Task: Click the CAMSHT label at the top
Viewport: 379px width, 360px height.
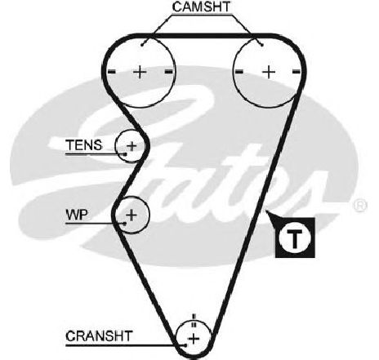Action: pyautogui.click(x=202, y=7)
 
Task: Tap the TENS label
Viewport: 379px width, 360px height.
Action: pyautogui.click(x=84, y=145)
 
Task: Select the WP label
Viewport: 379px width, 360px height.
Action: pyautogui.click(x=77, y=215)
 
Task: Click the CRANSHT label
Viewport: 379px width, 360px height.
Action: pyautogui.click(x=99, y=336)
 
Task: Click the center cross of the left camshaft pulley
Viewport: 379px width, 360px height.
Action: pyautogui.click(x=140, y=72)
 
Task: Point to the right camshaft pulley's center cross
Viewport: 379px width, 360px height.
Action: pyautogui.click(x=269, y=72)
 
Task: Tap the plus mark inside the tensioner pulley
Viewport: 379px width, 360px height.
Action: pyautogui.click(x=132, y=146)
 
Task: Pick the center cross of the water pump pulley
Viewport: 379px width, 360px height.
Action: pyautogui.click(x=132, y=215)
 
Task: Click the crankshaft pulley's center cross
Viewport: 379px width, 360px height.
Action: pyautogui.click(x=194, y=339)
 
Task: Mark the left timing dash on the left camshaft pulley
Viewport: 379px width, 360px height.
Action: pyautogui.click(x=112, y=72)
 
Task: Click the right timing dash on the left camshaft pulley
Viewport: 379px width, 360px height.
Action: pyautogui.click(x=169, y=72)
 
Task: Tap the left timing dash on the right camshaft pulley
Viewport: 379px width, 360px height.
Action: pyautogui.click(x=239, y=72)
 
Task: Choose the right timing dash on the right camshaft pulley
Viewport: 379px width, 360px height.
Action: pyautogui.click(x=297, y=72)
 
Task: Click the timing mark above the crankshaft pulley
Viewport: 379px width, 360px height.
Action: pyautogui.click(x=194, y=321)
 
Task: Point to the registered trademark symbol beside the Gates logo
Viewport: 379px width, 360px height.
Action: pyautogui.click(x=360, y=205)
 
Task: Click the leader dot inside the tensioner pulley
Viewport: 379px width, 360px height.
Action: pyautogui.click(x=125, y=154)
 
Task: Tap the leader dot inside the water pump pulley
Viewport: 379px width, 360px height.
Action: pyautogui.click(x=125, y=224)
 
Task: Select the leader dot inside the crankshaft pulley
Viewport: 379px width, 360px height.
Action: pyautogui.click(x=185, y=345)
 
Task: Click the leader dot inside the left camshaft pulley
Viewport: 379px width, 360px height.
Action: pyautogui.click(x=142, y=45)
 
